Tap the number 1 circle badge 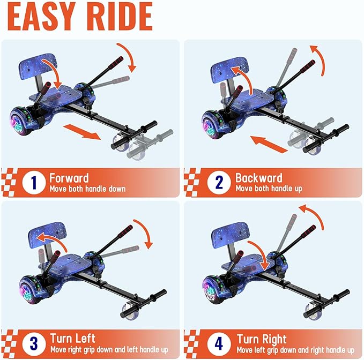[33, 183]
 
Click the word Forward [69, 178]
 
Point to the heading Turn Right [261, 339]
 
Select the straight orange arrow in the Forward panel [82, 131]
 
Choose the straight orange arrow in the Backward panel [269, 143]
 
